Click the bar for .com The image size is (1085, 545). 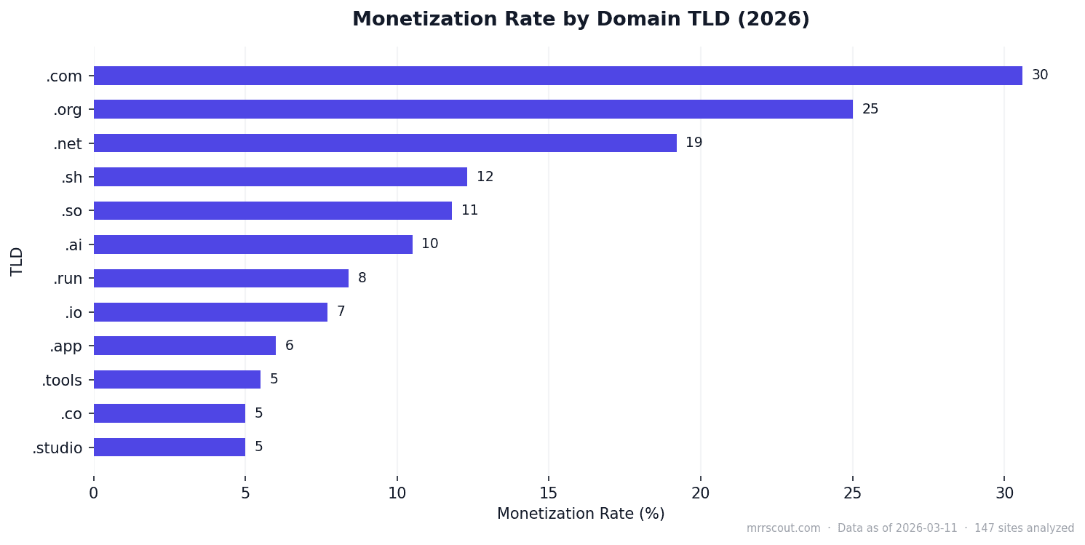[x=557, y=76]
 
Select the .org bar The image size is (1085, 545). [x=473, y=109]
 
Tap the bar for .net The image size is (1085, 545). [x=385, y=143]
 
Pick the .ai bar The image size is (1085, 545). [x=253, y=244]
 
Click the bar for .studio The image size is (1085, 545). [x=169, y=447]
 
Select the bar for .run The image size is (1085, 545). [x=220, y=278]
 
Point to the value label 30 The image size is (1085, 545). [x=1039, y=75]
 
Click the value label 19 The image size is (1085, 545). [x=693, y=143]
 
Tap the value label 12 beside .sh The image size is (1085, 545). [x=485, y=177]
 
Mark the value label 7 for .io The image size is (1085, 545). [x=341, y=311]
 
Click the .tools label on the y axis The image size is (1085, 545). [x=62, y=380]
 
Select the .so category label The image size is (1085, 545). [x=71, y=211]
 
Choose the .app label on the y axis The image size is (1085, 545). [x=65, y=346]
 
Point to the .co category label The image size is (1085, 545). [x=71, y=413]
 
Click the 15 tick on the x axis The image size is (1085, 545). [x=549, y=493]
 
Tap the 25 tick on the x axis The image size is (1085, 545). [x=852, y=493]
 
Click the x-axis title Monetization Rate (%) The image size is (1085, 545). [x=580, y=514]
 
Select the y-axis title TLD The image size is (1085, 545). [x=17, y=261]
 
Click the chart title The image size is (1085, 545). [x=580, y=20]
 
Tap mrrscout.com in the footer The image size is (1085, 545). [x=783, y=528]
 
